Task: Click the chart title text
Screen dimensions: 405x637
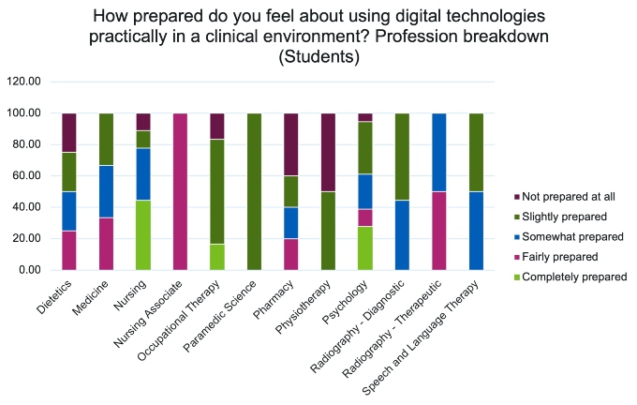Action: click(318, 37)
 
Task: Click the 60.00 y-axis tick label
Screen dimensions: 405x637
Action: click(27, 175)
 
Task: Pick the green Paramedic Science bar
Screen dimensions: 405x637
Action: click(253, 191)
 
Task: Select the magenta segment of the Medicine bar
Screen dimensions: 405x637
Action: click(106, 244)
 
